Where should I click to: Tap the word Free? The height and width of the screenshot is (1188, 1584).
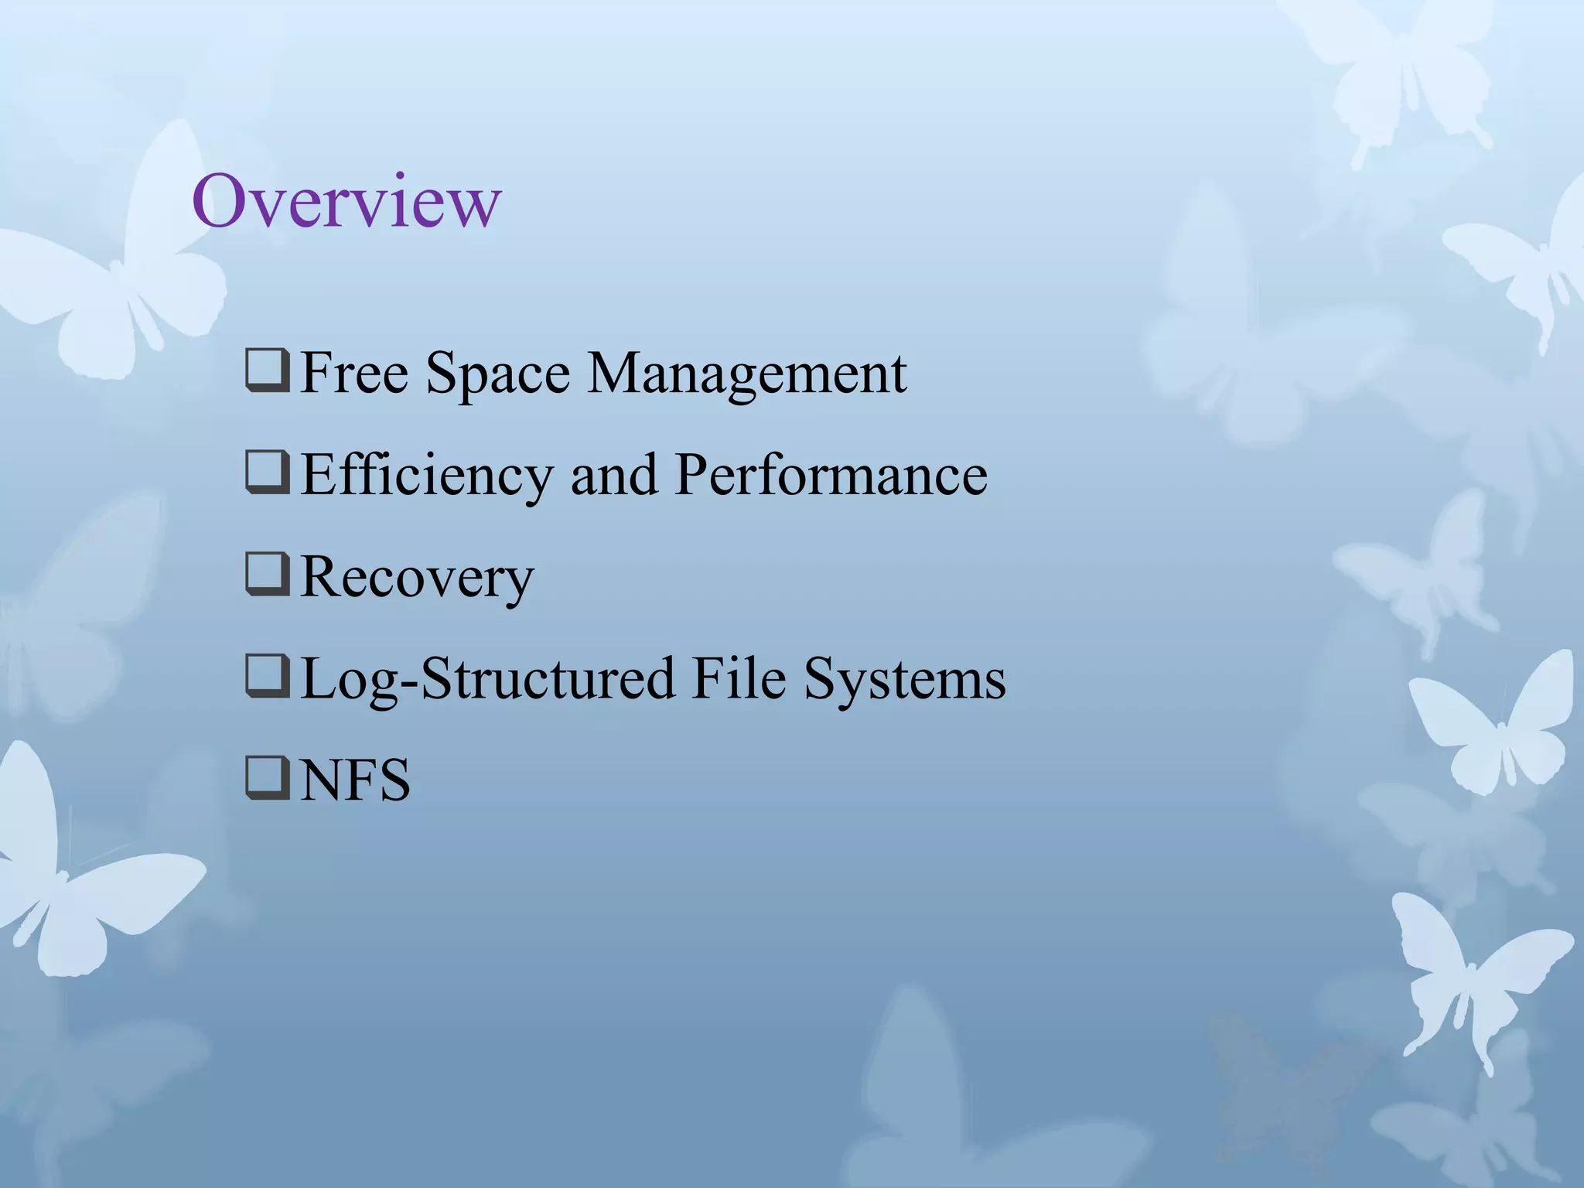point(353,374)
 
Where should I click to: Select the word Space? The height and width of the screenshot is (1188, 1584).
point(497,374)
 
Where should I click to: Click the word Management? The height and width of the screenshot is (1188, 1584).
point(747,374)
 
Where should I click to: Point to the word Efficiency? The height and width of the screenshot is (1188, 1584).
point(426,475)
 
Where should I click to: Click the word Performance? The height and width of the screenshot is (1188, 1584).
point(831,475)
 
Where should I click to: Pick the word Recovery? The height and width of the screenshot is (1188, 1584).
point(417,577)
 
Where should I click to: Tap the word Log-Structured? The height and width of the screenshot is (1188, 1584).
point(486,679)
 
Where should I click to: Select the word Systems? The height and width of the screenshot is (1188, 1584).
point(905,679)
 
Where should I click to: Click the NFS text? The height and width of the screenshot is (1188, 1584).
point(355,780)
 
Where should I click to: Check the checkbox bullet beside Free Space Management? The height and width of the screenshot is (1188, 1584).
point(268,372)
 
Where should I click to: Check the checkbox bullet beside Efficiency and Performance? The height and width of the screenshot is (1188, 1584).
point(268,473)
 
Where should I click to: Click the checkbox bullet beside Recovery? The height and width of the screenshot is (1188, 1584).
point(268,575)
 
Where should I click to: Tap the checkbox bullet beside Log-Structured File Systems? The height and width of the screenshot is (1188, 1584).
point(268,678)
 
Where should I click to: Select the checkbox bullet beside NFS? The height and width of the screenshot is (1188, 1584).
point(268,779)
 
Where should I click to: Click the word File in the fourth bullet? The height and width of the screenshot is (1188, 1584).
point(739,679)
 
